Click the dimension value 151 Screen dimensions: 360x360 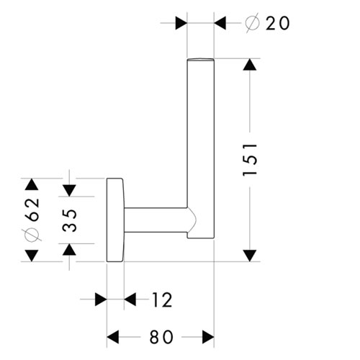click(250, 160)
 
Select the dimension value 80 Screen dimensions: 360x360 click(161, 337)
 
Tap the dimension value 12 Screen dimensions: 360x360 click(163, 300)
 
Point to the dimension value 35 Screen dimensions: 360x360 click(70, 220)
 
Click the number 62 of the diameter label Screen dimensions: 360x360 click(32, 210)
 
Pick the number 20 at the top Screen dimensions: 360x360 click(277, 23)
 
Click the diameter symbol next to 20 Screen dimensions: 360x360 click(253, 23)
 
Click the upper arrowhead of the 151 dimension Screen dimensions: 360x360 click(250, 65)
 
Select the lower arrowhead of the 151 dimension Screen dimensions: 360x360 click(250, 256)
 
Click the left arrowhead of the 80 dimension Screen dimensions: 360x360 click(112, 337)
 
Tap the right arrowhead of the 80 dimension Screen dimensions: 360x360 click(208, 337)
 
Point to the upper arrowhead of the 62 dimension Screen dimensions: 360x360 click(32, 184)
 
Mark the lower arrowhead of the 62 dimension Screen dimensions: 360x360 click(32, 256)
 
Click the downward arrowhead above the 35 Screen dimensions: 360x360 click(70, 191)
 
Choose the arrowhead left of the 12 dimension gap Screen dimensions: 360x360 click(101, 300)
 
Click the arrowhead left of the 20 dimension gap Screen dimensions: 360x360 click(181, 23)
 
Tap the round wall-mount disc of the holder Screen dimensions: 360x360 click(115, 220)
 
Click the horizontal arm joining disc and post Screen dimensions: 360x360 click(156, 220)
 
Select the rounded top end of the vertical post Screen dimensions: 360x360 click(200, 59)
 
